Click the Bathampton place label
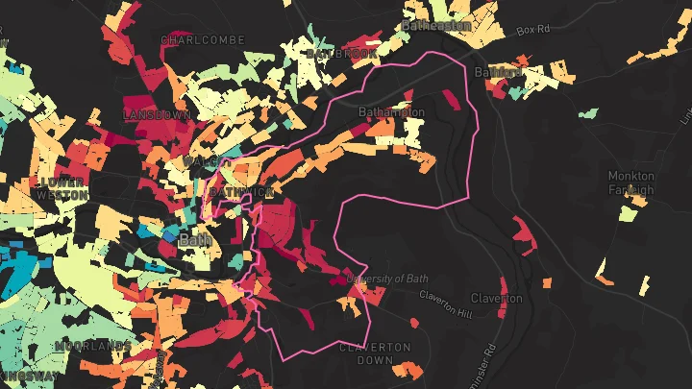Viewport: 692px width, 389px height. pos(390,112)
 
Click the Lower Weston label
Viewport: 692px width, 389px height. pos(62,187)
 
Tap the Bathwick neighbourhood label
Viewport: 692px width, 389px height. pos(240,193)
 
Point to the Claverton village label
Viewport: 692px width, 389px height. pos(497,298)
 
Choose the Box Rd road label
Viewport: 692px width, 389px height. pos(531,32)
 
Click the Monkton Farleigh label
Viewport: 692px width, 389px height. pos(631,182)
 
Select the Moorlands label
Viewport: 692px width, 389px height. pos(93,345)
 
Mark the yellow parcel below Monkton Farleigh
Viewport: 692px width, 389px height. pos(628,212)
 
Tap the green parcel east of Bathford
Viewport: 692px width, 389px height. pos(588,113)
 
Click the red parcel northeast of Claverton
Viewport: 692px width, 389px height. pos(523,231)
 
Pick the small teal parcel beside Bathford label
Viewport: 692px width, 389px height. pos(517,92)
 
